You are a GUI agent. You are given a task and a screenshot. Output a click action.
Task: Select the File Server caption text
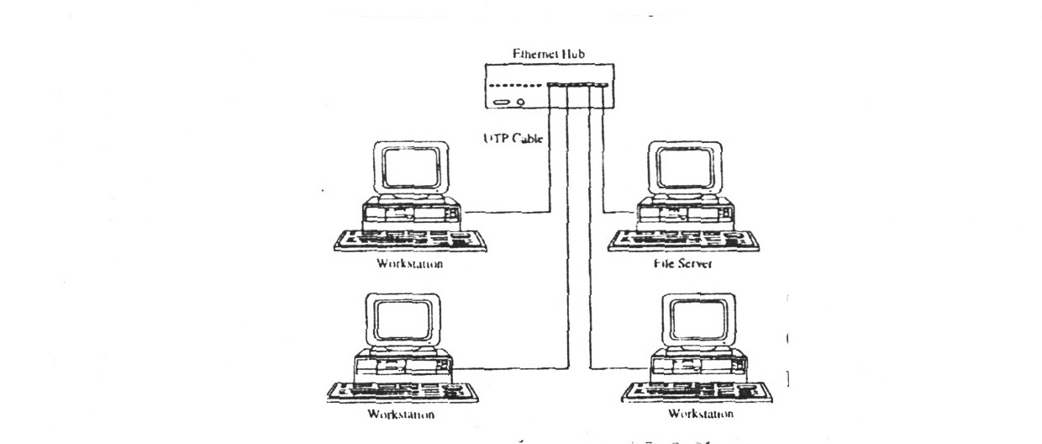682,263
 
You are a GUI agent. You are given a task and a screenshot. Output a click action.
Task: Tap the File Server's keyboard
683,240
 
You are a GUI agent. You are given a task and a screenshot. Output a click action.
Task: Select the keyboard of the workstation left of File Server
409,240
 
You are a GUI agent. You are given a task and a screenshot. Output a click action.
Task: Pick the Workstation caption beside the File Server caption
410,264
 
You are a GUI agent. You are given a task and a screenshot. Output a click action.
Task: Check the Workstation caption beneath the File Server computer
700,415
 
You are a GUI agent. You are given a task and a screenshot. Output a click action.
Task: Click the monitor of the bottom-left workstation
402,320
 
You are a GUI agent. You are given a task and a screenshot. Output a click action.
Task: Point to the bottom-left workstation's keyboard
400,393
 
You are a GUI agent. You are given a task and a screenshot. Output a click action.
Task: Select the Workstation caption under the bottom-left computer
402,415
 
